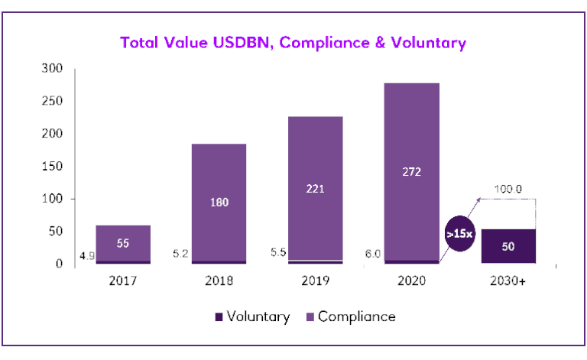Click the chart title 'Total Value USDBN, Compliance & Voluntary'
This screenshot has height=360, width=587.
coord(293,43)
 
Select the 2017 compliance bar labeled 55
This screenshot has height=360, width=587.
coord(122,243)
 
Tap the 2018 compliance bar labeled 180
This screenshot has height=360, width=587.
coord(219,202)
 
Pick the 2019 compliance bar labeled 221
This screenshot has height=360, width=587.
coord(315,188)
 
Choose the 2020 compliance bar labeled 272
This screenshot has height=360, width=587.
coord(411,172)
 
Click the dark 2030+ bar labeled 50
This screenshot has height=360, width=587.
coord(507,246)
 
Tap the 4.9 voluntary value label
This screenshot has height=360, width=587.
coord(86,256)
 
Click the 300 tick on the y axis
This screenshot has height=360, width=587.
coord(52,68)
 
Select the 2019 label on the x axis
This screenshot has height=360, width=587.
coord(315,281)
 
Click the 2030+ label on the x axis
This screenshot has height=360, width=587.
coord(507,281)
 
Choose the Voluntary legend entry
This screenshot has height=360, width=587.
coord(252,316)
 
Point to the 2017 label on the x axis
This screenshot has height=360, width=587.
coord(122,281)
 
